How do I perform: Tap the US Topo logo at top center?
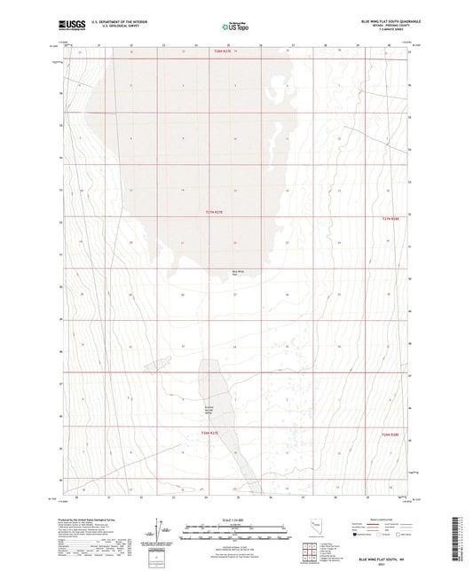[236, 27]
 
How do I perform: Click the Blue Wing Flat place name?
[236, 273]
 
